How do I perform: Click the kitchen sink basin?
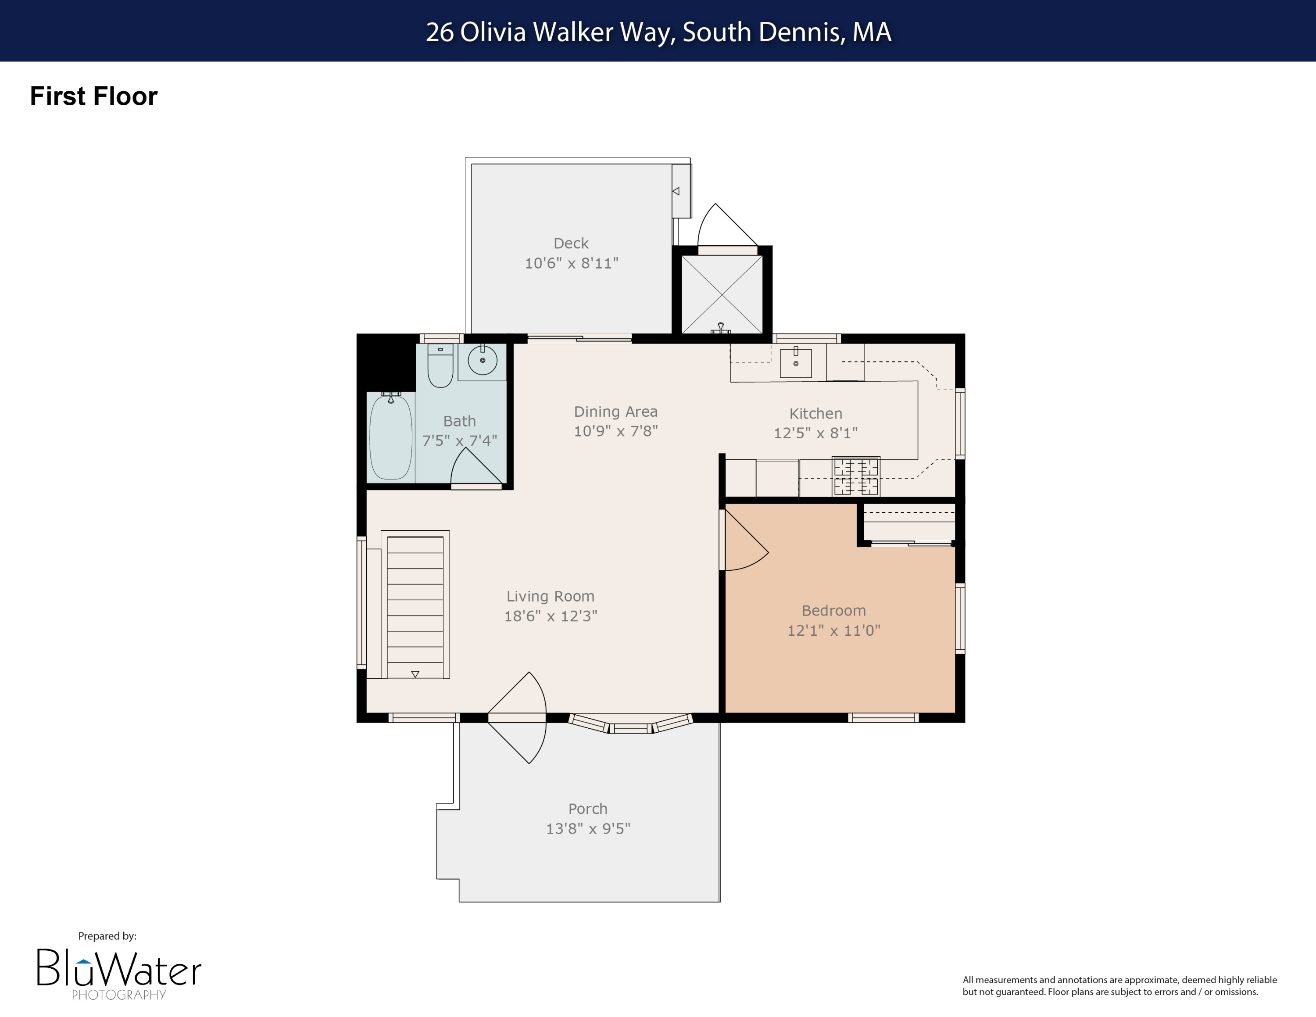[795, 363]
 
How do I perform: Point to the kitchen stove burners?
[856, 476]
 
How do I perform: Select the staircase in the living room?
[415, 605]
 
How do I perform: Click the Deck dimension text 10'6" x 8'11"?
[571, 263]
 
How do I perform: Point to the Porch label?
[587, 809]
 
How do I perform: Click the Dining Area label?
[615, 412]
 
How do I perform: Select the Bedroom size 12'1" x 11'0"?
[833, 630]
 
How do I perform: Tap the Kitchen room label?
[815, 413]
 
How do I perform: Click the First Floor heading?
[93, 97]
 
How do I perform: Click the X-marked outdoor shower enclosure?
[722, 294]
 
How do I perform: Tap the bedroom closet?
[908, 523]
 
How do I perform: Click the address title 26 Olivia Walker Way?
[658, 32]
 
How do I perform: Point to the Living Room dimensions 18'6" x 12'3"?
[550, 616]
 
